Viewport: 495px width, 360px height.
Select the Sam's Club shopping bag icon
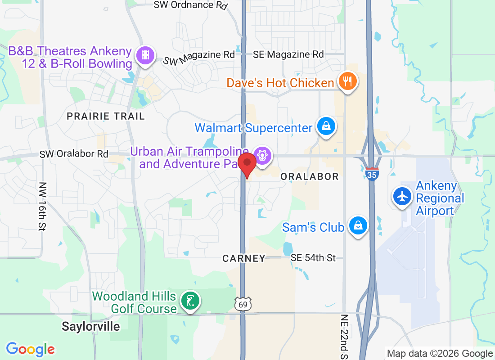click(x=358, y=226)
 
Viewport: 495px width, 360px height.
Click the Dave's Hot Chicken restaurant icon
click(x=347, y=81)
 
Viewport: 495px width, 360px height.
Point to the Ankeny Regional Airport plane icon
click(x=402, y=196)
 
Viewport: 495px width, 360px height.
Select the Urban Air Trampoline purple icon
click(x=263, y=156)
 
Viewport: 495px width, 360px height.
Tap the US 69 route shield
click(x=242, y=304)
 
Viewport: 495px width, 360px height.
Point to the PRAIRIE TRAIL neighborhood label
click(x=106, y=116)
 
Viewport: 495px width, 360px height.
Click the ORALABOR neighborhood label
click(x=310, y=176)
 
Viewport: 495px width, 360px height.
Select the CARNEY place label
click(x=244, y=258)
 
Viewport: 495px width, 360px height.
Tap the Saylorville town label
click(x=91, y=326)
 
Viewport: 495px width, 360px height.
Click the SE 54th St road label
click(x=313, y=258)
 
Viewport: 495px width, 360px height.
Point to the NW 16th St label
click(x=43, y=206)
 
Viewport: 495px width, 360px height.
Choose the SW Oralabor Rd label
click(x=74, y=154)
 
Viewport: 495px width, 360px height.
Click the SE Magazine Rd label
click(x=288, y=54)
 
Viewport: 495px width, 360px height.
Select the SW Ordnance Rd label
click(x=190, y=5)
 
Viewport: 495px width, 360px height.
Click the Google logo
click(x=31, y=349)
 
